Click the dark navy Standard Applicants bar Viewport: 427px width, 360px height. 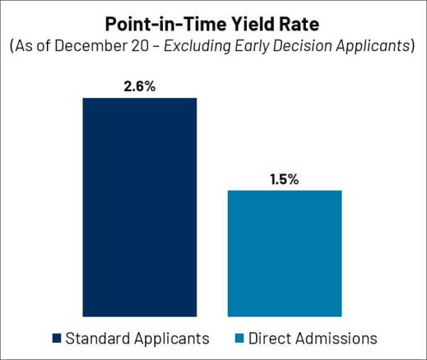[139, 206]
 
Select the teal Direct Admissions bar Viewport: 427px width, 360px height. [285, 253]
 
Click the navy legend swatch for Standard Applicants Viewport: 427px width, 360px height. [57, 338]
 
